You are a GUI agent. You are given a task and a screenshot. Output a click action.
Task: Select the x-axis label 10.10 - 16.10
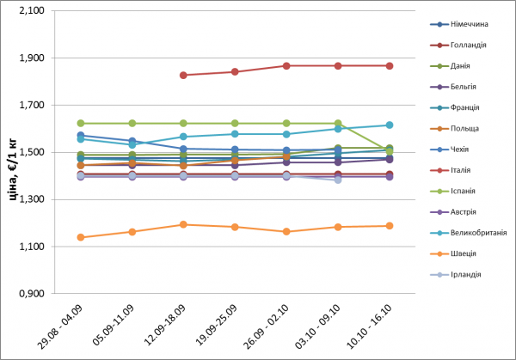click(374, 326)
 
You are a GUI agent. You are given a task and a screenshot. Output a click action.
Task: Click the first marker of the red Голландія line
click(183, 75)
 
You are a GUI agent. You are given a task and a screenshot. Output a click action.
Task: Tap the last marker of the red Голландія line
click(390, 65)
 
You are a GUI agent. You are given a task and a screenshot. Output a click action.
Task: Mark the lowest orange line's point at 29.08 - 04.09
click(81, 237)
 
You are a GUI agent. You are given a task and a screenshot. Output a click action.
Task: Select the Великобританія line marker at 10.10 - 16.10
click(390, 125)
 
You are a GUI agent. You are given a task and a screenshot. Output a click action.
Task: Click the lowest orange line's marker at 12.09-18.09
click(183, 224)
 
